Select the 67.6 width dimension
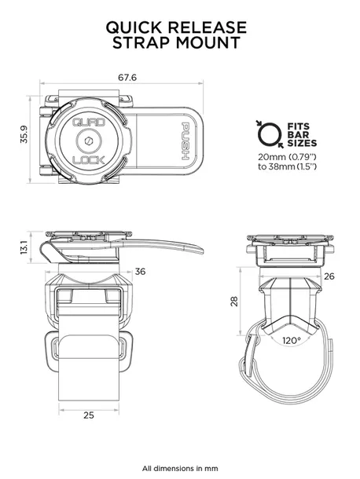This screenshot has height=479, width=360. [128, 78]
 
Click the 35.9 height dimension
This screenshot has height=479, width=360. [24, 136]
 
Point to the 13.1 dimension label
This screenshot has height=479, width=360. [24, 248]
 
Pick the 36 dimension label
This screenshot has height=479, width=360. [141, 272]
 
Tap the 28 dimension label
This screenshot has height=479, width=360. [233, 302]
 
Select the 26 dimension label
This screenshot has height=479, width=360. [329, 276]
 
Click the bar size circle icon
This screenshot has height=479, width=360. [267, 133]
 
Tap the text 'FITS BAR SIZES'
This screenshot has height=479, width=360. [303, 133]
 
